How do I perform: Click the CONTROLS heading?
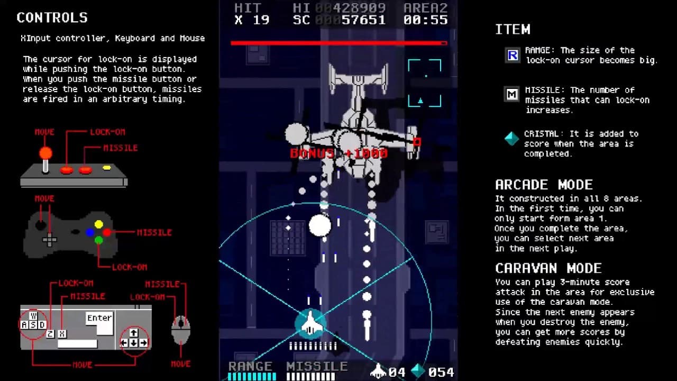pos(52,17)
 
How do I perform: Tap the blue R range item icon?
pos(512,55)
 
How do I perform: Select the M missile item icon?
pos(512,95)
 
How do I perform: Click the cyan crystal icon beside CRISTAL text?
pos(511,139)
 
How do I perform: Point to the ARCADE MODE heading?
pos(544,185)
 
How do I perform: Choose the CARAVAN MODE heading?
pos(548,268)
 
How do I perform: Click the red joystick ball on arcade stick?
pos(45,153)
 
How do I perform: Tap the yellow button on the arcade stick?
pos(107,168)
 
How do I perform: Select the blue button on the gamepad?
pos(90,232)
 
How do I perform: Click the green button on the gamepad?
pos(98,240)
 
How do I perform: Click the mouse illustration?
pos(181,329)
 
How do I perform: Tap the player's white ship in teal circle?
pos(310,323)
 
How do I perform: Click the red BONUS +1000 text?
pos(339,153)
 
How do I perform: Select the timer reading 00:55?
pos(425,20)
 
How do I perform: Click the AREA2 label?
pos(425,8)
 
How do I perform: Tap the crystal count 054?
pos(441,373)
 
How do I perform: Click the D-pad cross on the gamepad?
pos(50,240)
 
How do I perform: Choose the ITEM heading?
pos(513,30)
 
